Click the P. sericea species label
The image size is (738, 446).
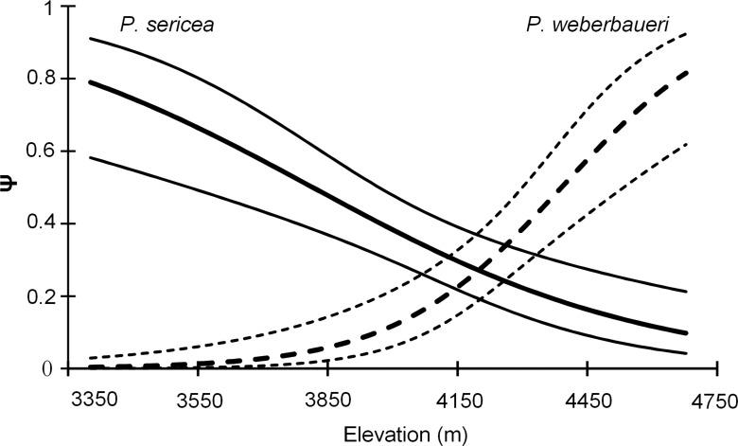(166, 25)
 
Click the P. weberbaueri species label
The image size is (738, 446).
(597, 25)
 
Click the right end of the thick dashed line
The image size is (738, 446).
(686, 72)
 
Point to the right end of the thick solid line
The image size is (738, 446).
(686, 333)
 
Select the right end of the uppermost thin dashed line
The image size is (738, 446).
(686, 33)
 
